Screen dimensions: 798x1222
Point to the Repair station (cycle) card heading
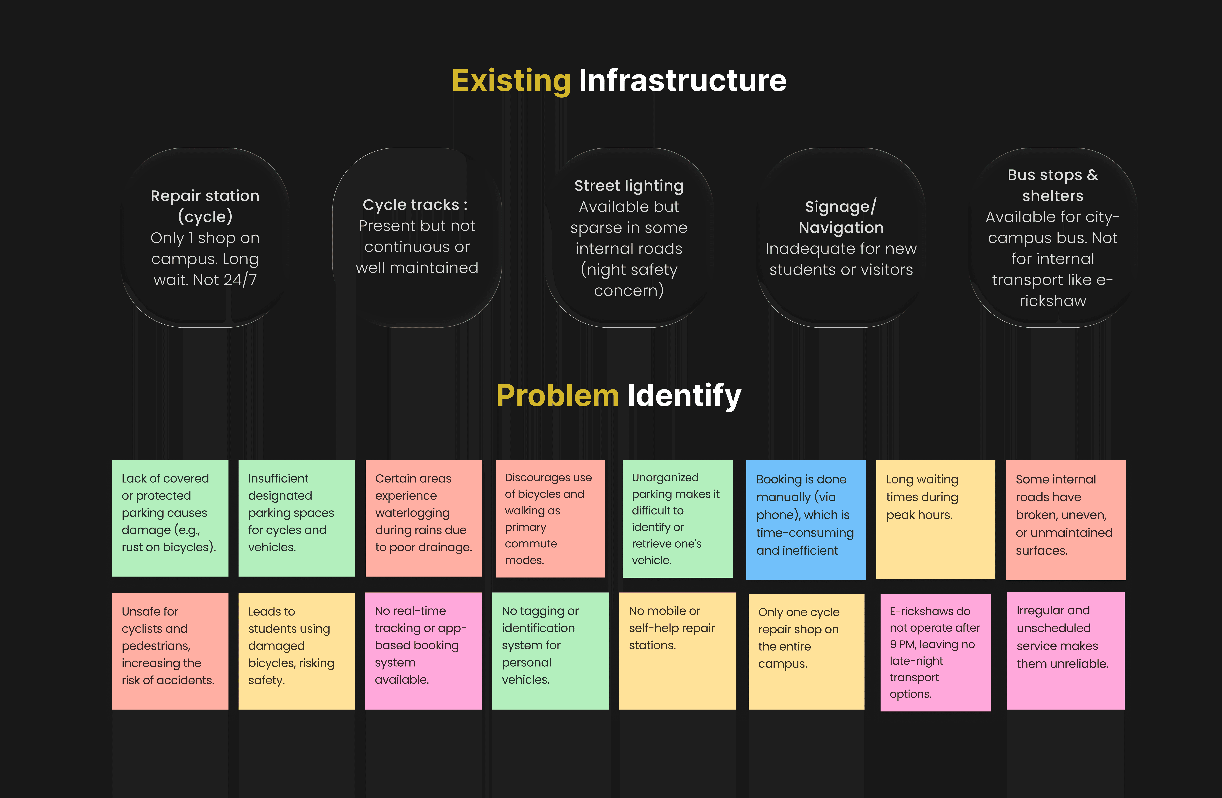205,206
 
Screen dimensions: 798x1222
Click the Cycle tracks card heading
415,205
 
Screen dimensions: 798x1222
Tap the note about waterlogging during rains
423,518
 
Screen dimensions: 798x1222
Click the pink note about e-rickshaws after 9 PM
935,652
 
